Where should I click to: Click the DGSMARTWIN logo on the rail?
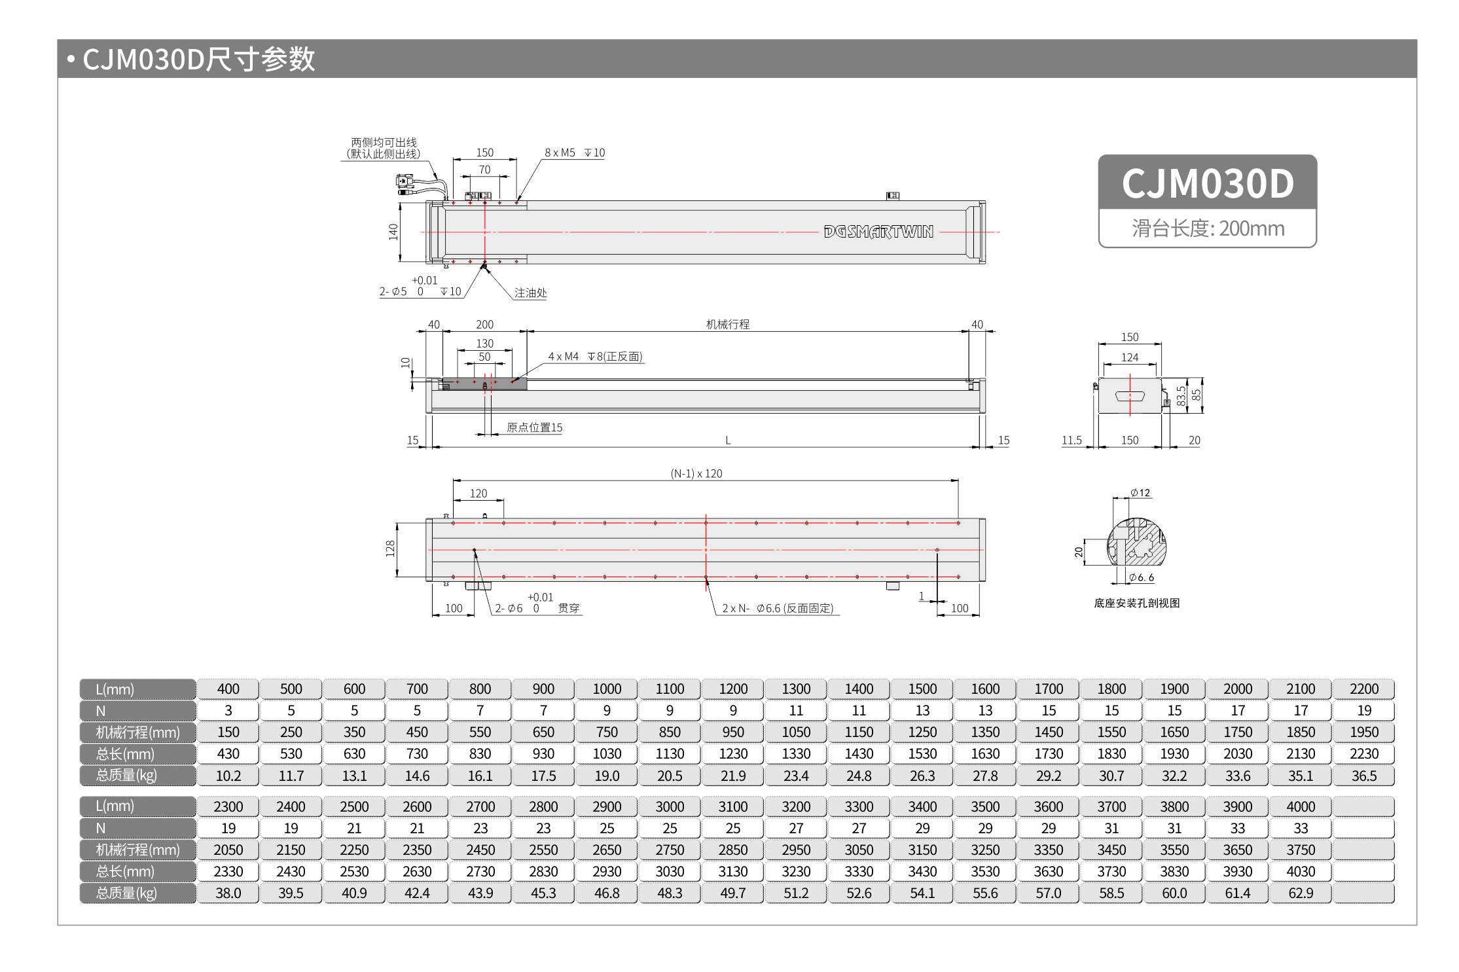tap(878, 232)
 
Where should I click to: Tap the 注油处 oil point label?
tap(530, 293)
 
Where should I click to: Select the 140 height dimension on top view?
tap(393, 232)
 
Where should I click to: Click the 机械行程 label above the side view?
tap(727, 324)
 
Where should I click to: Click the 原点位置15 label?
tap(534, 427)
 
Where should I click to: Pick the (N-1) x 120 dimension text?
tap(696, 473)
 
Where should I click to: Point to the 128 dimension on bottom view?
tap(391, 549)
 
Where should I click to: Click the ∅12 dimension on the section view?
tap(1140, 493)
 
